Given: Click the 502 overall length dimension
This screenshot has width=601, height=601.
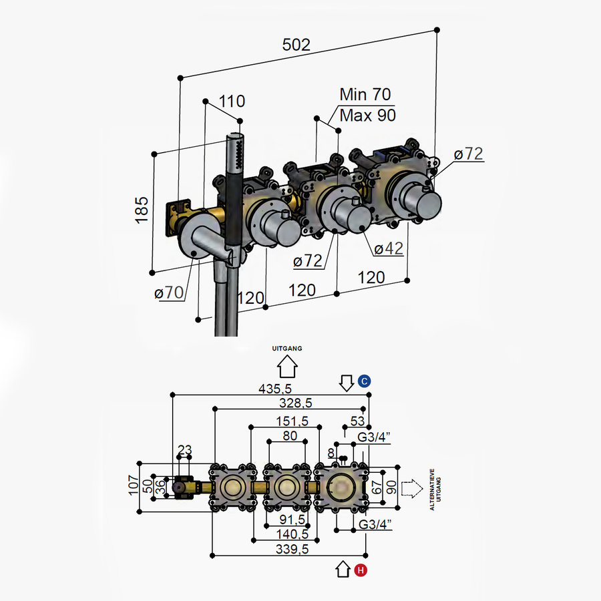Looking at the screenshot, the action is pyautogui.click(x=296, y=45).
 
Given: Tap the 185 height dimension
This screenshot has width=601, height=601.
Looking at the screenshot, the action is pyautogui.click(x=142, y=210).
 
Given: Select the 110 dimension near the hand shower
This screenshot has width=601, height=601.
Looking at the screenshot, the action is pyautogui.click(x=232, y=102).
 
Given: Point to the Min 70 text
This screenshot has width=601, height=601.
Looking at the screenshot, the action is pyautogui.click(x=365, y=94).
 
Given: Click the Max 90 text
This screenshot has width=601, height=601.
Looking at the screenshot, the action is pyautogui.click(x=367, y=116).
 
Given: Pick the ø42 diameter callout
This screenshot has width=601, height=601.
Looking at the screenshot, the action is pyautogui.click(x=388, y=249).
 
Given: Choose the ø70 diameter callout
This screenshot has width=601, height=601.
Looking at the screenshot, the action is pyautogui.click(x=169, y=293).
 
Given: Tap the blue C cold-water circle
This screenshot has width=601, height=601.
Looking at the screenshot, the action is pyautogui.click(x=364, y=381).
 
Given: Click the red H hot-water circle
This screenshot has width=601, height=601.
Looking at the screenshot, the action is pyautogui.click(x=361, y=570).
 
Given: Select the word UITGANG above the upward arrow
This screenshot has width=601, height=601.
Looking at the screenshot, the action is pyautogui.click(x=287, y=349).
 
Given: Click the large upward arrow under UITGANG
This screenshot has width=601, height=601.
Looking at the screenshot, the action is pyautogui.click(x=287, y=367).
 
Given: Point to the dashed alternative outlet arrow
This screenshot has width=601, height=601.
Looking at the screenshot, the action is pyautogui.click(x=412, y=489).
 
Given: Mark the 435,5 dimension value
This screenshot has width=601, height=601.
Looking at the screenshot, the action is pyautogui.click(x=275, y=389).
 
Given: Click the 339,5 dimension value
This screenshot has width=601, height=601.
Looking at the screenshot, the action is pyautogui.click(x=292, y=550).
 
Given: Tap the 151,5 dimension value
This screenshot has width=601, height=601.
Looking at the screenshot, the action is pyautogui.click(x=292, y=421).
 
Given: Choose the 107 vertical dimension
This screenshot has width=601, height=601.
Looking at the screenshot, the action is pyautogui.click(x=134, y=485).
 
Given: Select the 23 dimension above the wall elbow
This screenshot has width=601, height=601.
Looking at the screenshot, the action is pyautogui.click(x=185, y=449).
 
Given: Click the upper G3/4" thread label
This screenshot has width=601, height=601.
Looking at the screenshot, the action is pyautogui.click(x=374, y=437).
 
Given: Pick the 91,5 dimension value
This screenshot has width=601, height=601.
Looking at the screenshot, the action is pyautogui.click(x=292, y=520).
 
